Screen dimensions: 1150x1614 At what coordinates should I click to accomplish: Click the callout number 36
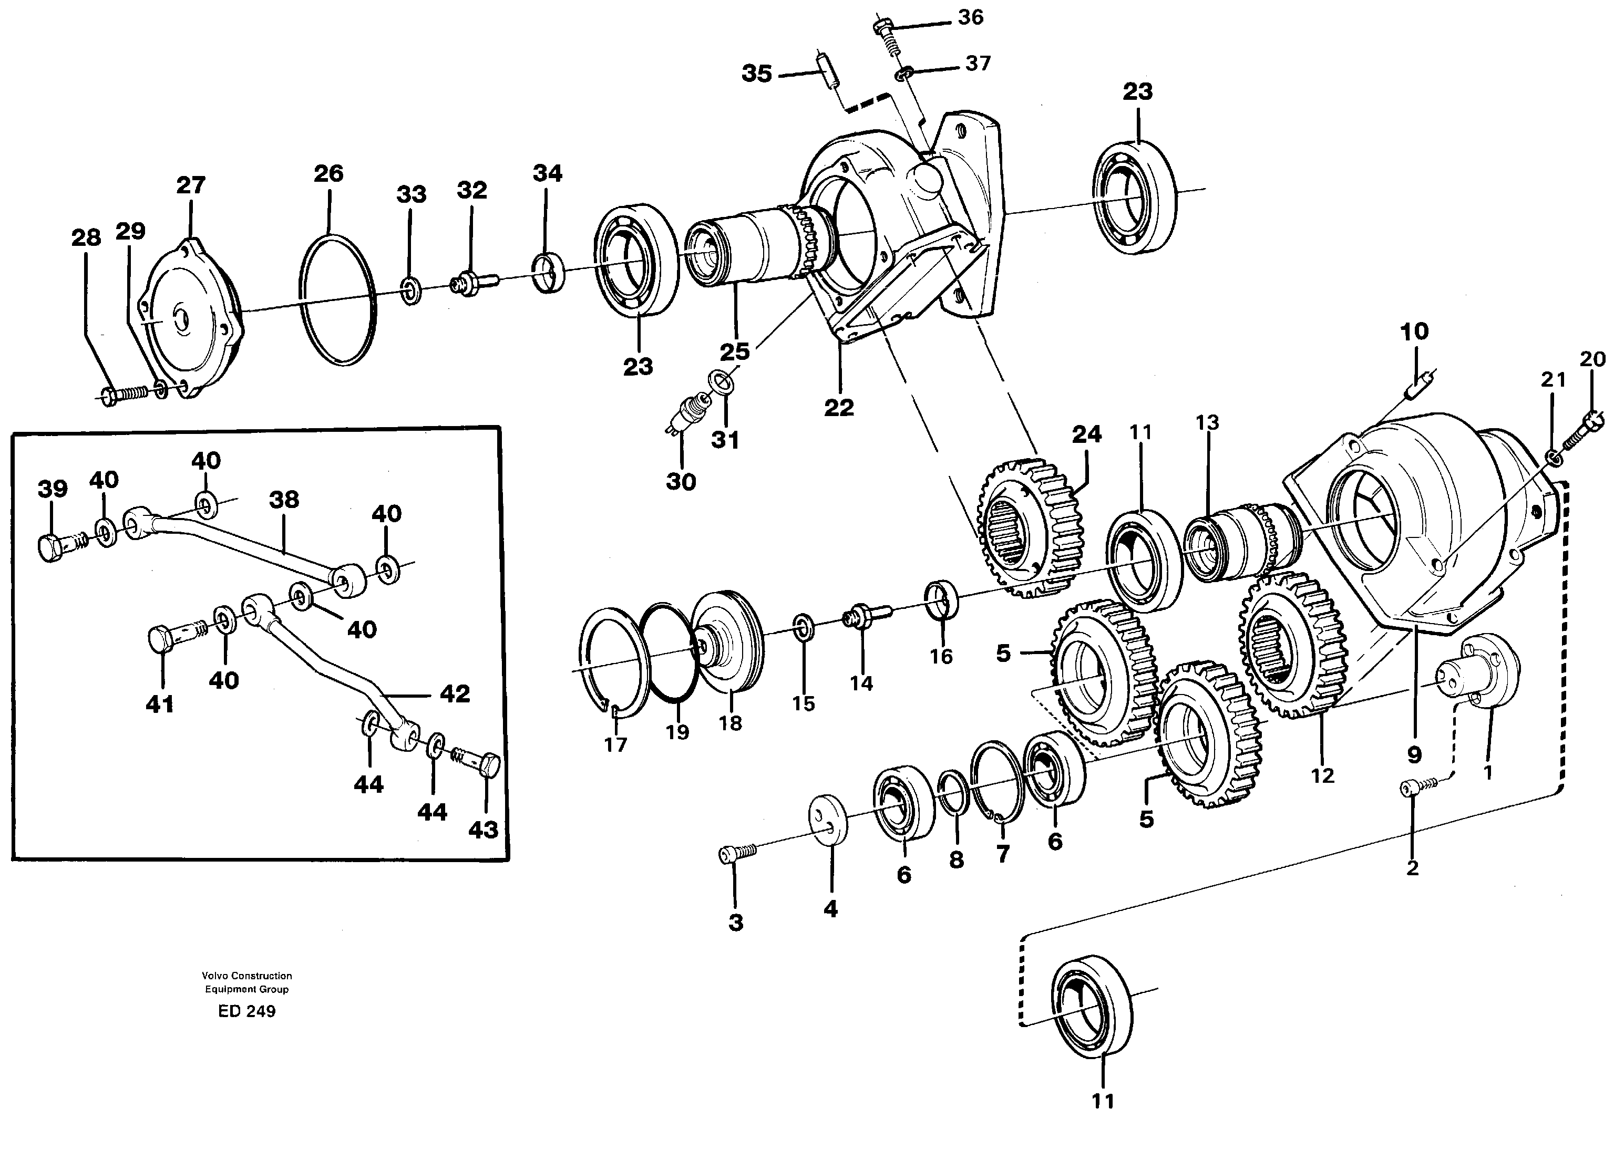pos(970,17)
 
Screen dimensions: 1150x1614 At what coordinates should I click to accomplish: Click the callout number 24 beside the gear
pos(1086,433)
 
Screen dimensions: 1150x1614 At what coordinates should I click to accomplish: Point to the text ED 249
pos(246,1011)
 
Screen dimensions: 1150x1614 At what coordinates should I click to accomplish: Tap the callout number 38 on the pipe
pos(284,500)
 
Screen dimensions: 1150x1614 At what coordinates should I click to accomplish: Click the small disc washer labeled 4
pos(829,820)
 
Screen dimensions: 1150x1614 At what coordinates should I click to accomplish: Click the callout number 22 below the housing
pos(838,407)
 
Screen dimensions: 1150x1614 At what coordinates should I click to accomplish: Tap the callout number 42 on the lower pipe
pos(455,693)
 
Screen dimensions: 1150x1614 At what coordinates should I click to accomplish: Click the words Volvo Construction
pos(246,976)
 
